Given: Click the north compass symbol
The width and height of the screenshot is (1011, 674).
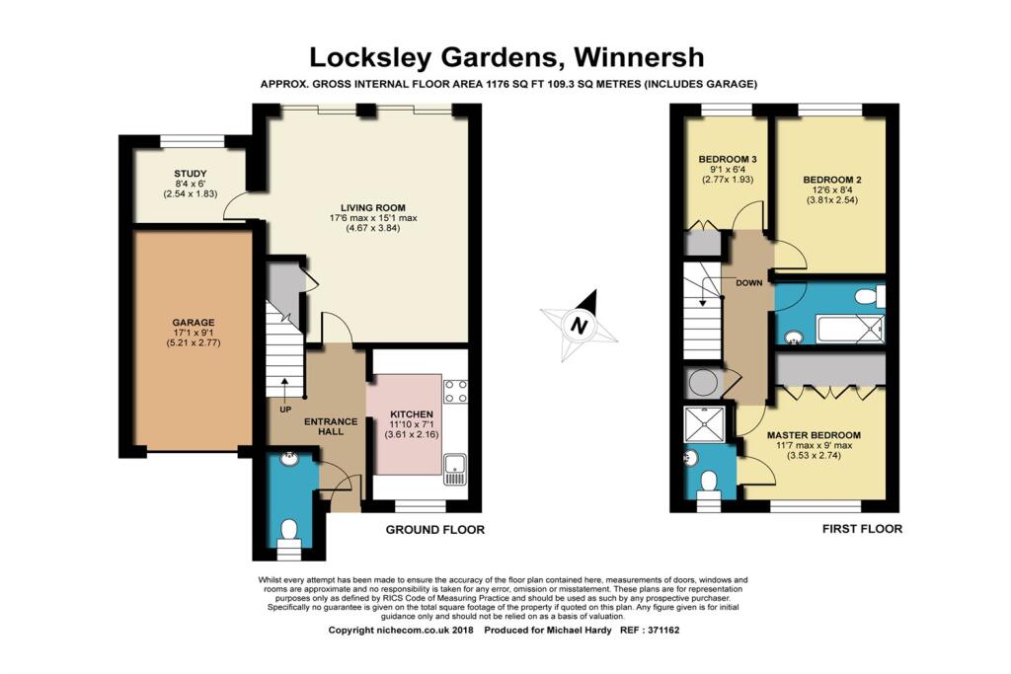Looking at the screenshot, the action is click(579, 326).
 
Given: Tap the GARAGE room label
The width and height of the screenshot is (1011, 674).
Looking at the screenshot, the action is click(194, 322).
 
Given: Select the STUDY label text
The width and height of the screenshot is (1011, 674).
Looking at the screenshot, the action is click(191, 174).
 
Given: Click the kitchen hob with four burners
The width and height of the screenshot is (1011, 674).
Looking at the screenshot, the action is click(455, 391).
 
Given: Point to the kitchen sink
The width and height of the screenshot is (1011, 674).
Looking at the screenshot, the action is click(455, 469).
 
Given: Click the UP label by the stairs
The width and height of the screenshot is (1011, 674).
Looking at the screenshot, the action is click(285, 410).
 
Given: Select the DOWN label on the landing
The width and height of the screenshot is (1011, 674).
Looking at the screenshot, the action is click(749, 283).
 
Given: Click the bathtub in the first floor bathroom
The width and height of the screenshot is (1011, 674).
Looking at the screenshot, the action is click(850, 328).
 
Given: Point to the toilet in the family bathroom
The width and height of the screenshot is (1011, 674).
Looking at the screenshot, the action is click(870, 296).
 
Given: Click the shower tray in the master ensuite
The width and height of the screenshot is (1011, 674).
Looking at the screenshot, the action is click(704, 423).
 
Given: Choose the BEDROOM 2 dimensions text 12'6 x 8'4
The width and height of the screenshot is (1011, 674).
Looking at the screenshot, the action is click(831, 190).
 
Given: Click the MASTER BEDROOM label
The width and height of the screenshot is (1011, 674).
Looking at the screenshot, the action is click(814, 435).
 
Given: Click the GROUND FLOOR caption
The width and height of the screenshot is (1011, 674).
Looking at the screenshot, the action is click(435, 530).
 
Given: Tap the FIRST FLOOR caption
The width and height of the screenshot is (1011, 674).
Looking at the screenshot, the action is click(862, 529).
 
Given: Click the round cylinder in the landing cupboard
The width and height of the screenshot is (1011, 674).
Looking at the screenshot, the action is click(702, 383).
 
